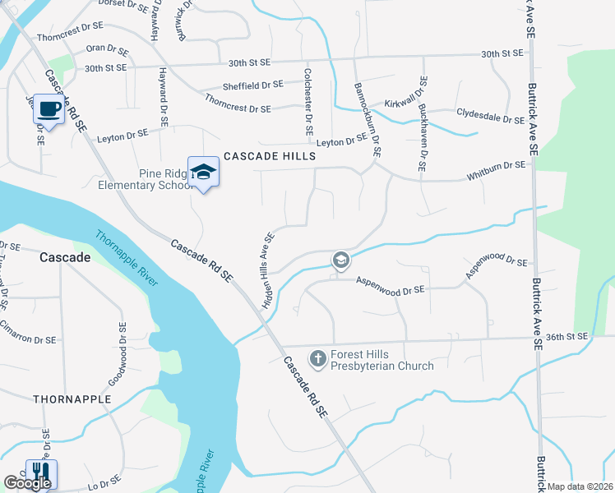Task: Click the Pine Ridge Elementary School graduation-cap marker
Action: pos(203,172)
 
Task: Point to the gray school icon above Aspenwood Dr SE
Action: pos(340,261)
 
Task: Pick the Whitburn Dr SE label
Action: pos(496,165)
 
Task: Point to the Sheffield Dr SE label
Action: pos(252,85)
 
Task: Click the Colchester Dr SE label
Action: pos(308,103)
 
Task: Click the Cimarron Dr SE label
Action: pos(29,339)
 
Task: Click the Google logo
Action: pos(27,482)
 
